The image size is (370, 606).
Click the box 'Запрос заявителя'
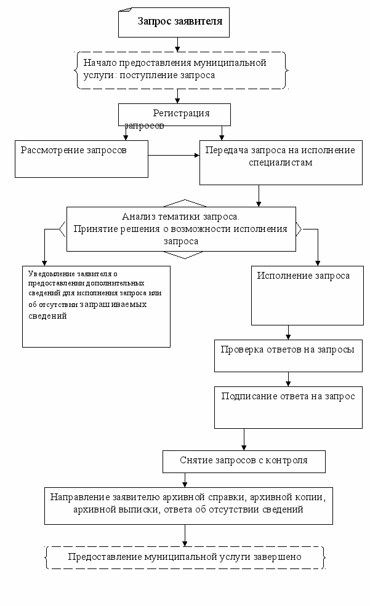[174, 22]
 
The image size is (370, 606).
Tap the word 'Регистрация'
[182, 113]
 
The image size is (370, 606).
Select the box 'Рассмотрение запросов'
[82, 159]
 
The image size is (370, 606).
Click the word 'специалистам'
[281, 162]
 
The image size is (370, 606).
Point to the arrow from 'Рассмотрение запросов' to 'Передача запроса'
[174, 156]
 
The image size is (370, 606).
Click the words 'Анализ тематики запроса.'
[180, 217]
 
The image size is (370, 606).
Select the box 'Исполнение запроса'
[307, 296]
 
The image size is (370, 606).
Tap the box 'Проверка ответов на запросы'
[288, 356]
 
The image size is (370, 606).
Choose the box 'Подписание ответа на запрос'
[288, 407]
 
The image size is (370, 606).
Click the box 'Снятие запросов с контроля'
[244, 461]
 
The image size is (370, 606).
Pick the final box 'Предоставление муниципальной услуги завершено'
[185, 557]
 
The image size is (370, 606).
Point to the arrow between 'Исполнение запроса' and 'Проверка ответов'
[288, 332]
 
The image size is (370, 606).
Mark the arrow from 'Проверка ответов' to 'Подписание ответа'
[288, 379]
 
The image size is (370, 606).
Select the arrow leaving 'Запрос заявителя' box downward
[177, 44]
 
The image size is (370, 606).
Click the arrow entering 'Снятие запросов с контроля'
[244, 439]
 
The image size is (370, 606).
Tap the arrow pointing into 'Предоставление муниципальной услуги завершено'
[185, 535]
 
